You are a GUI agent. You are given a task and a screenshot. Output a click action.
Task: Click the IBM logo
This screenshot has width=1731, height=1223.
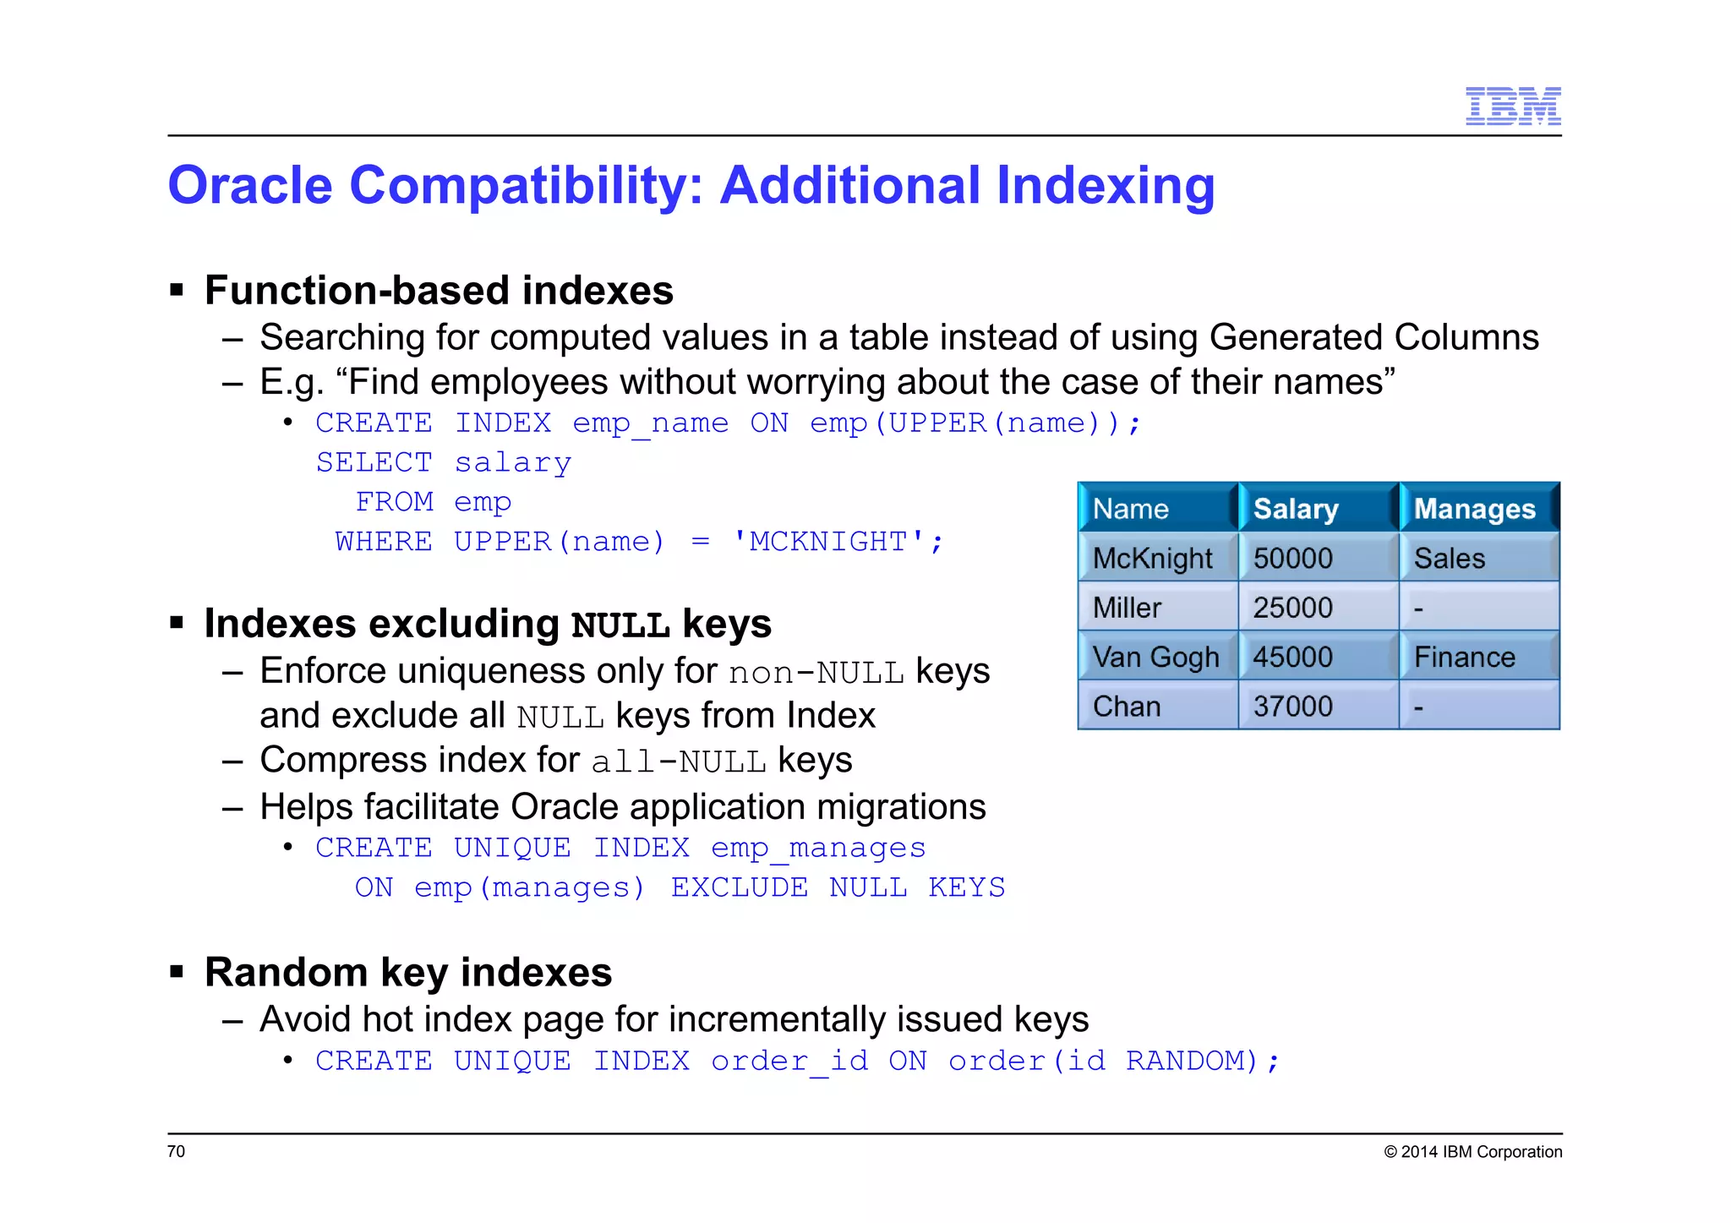point(1512,106)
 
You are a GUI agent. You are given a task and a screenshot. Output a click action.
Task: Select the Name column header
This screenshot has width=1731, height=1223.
point(1131,509)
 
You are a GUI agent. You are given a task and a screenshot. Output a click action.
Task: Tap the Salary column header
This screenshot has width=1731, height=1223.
point(1296,509)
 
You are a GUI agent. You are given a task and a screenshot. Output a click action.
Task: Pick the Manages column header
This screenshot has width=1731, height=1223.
point(1474,509)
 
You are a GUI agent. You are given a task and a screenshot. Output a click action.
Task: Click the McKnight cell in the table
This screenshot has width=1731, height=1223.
point(1152,559)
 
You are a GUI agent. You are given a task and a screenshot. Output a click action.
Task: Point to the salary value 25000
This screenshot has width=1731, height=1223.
point(1292,608)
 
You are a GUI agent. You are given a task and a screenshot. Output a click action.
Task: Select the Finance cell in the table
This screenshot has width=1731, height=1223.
point(1464,657)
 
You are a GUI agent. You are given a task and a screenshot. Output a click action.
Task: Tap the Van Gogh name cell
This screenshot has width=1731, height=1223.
point(1155,657)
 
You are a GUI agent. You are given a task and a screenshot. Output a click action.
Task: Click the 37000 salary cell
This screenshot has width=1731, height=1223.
point(1292,706)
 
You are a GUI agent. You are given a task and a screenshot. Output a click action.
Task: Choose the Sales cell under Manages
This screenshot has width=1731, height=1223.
point(1449,559)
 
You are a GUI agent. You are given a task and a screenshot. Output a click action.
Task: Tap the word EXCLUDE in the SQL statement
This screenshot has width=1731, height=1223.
point(740,887)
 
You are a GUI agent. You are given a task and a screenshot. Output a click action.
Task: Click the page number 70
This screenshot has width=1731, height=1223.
point(176,1151)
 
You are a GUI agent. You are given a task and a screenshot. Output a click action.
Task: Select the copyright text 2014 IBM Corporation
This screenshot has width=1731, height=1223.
point(1473,1152)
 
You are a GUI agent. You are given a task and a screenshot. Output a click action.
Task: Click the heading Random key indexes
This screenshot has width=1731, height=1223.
point(408,972)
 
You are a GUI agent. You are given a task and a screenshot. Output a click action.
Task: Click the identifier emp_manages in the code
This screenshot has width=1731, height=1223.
point(818,848)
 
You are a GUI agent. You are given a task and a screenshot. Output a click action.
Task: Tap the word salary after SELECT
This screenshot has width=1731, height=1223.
point(513,463)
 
